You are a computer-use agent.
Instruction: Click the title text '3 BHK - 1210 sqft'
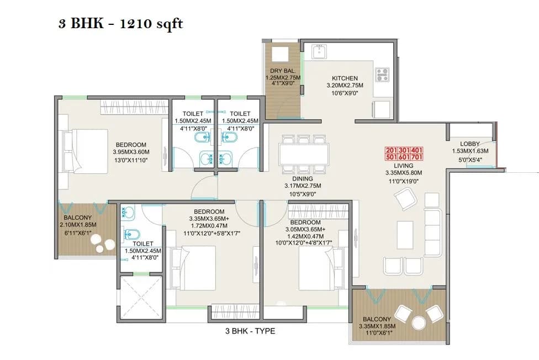pos(120,24)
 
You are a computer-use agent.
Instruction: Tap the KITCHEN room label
pos(345,78)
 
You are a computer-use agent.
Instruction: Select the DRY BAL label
pos(282,71)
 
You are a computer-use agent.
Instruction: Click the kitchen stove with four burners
pos(382,75)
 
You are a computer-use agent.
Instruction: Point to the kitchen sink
pos(320,52)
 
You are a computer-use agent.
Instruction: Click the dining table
pos(304,153)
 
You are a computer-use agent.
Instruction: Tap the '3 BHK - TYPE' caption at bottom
pos(250,331)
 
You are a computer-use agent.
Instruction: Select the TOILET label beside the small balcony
pos(143,243)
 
